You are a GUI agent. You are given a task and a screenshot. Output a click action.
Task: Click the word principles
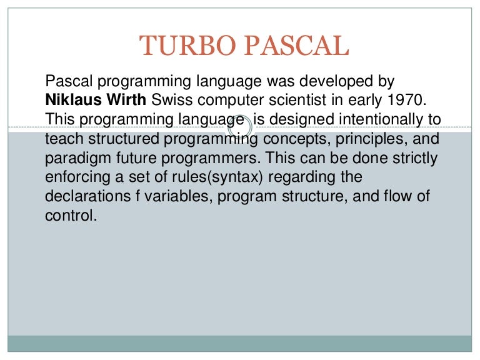coord(353,138)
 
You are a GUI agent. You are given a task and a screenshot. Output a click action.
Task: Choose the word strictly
coord(416,157)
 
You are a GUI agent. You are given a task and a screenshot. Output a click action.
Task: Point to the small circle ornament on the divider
coord(240,129)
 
